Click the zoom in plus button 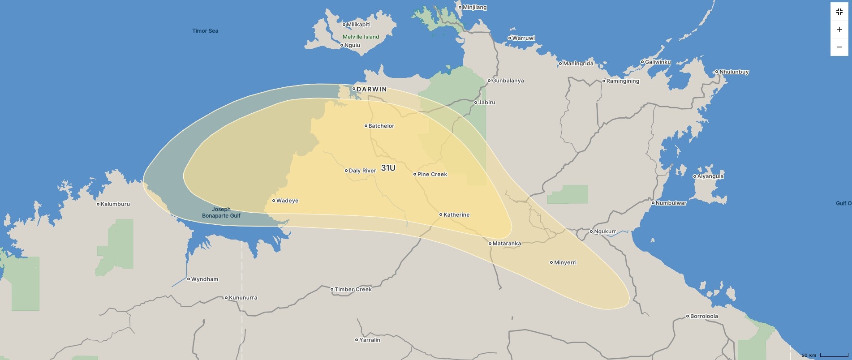pos(839,30)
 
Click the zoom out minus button pos(839,47)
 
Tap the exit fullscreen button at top pos(839,12)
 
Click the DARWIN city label pos(371,89)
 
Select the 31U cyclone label pos(388,168)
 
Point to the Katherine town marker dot pos(441,215)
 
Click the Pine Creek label pos(432,174)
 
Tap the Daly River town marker pos(346,171)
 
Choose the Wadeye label pos(287,201)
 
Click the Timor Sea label pos(205,31)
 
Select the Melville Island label pos(361,37)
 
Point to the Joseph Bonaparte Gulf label pos(221,212)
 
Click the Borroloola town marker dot pos(688,317)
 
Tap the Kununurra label pos(243,298)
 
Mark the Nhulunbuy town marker pos(717,72)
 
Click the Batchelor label pos(381,126)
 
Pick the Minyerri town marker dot pos(551,262)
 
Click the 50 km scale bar pos(834,355)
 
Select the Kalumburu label pos(115,204)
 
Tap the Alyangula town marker pos(695,176)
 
